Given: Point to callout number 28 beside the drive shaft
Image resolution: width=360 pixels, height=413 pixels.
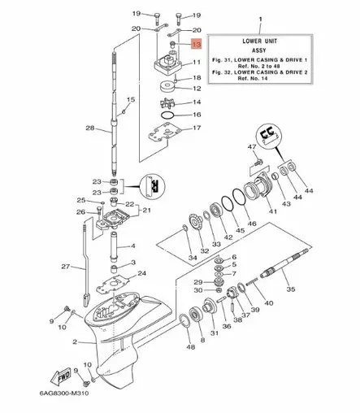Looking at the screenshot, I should [x=90, y=128].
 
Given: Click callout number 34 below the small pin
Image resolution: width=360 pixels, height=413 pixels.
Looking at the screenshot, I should [x=192, y=258].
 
